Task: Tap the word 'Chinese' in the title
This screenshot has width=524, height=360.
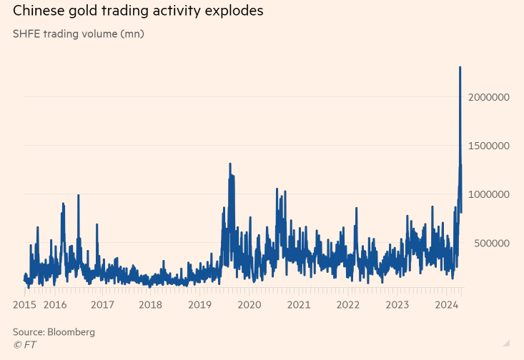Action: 40,11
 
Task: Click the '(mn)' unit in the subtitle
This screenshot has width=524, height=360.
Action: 131,34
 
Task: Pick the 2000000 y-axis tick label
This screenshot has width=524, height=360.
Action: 489,97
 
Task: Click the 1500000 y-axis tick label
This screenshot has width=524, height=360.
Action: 489,146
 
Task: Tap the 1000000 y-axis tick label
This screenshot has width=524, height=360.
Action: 489,194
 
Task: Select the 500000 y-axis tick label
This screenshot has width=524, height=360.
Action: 492,243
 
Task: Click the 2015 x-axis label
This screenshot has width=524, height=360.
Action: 25,305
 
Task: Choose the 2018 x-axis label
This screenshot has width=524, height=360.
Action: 151,305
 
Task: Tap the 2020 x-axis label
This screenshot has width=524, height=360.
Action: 249,305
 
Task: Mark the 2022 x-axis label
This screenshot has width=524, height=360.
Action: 348,305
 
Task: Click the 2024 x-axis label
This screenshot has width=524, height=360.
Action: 447,305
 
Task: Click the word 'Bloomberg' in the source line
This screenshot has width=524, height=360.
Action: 71,332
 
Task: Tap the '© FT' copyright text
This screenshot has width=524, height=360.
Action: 24,344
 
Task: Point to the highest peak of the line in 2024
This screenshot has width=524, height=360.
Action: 460,67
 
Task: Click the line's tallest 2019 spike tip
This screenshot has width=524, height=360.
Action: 230,164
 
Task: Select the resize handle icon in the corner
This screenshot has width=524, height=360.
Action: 506,343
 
